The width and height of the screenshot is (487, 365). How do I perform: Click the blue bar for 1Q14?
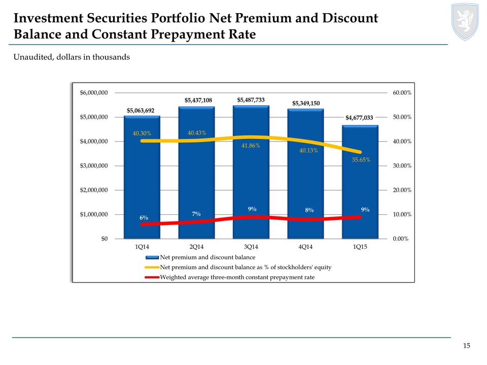142,177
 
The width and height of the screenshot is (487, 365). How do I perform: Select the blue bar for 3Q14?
251,172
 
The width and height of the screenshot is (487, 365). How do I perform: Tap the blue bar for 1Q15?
360,182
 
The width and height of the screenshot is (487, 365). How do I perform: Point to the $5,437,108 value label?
198,100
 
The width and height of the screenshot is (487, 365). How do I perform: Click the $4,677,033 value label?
360,118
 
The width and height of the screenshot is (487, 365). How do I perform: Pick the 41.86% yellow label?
251,146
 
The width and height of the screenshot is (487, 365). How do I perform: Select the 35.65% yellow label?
361,160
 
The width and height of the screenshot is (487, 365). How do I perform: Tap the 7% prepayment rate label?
196,214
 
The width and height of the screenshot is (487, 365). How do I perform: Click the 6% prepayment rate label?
144,217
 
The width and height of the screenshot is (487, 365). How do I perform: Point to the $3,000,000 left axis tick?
93,166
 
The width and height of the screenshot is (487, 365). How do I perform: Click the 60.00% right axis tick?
402,93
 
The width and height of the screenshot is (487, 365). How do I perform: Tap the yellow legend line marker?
152,267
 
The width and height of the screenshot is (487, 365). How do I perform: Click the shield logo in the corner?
465,20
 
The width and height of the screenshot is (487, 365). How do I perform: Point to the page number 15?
467,346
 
